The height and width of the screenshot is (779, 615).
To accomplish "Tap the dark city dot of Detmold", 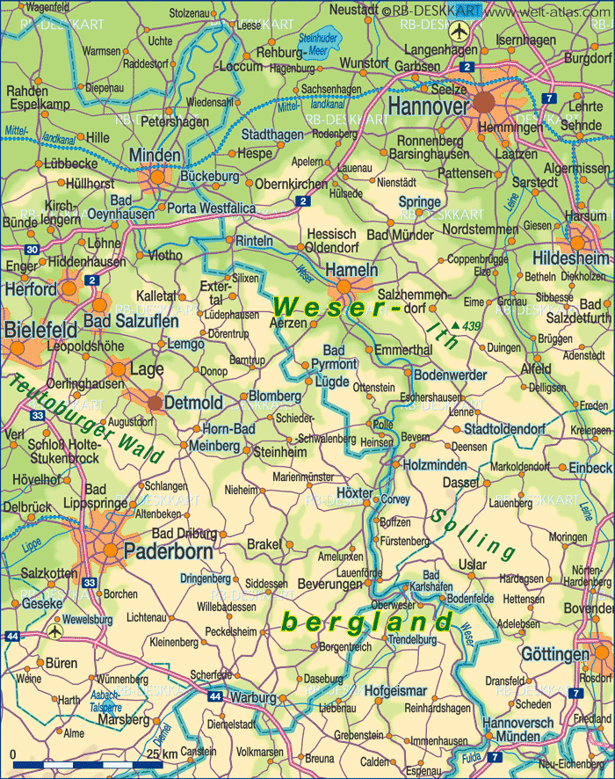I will [156, 403].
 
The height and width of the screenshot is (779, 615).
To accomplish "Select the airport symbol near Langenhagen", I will [457, 32].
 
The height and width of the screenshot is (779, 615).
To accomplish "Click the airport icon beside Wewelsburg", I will [55, 630].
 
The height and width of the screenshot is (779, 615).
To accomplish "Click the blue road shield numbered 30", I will [32, 250].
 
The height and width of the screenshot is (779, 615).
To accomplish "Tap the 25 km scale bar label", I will [162, 754].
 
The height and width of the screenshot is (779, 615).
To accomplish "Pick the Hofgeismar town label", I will [394, 689].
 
